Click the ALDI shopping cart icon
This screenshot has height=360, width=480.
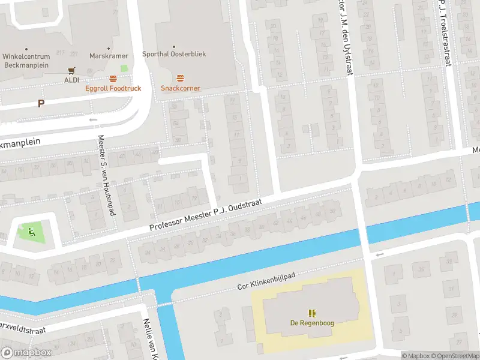coord(72,70)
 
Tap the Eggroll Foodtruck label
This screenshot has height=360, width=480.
coord(113,88)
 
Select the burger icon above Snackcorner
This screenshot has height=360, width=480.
coord(180,79)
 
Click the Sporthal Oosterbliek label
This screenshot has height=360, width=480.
coord(174,53)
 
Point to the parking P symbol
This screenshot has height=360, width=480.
coord(41,103)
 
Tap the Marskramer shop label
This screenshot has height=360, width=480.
coord(109,56)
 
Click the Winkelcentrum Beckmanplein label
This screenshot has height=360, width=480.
coord(26,60)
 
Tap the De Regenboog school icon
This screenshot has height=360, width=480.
coord(311,313)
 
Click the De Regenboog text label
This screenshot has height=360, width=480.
coord(311,323)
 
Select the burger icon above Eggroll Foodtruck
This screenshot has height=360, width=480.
coord(113,79)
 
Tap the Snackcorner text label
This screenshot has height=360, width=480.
coord(180,88)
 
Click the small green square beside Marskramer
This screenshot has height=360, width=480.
coord(124,68)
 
